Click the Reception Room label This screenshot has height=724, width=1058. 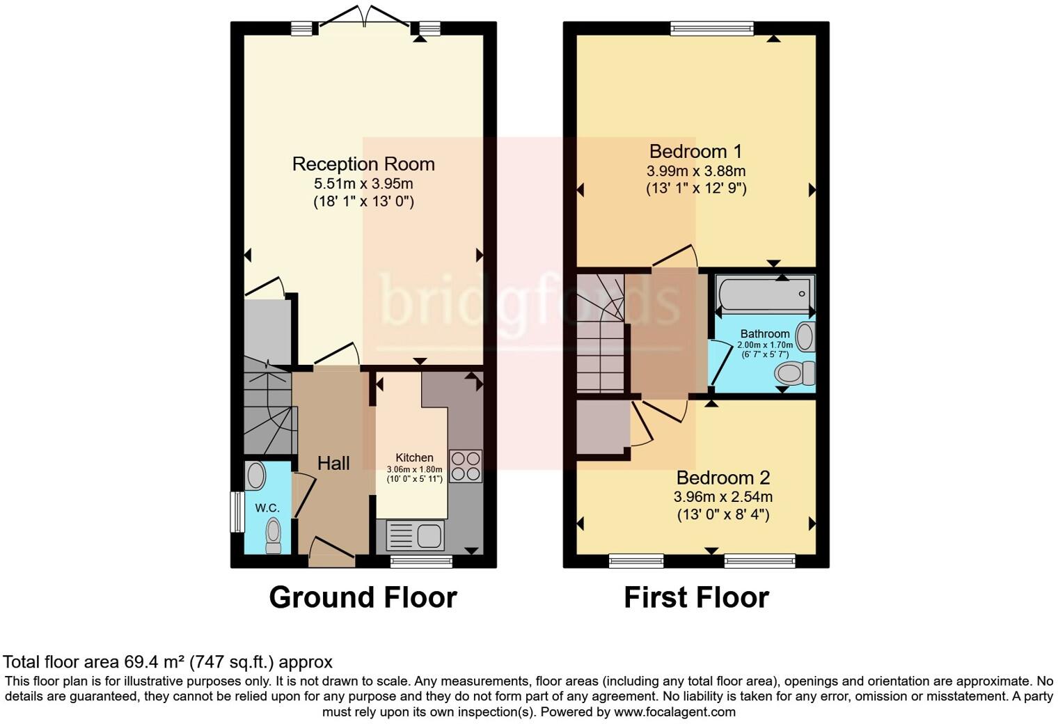point(363,164)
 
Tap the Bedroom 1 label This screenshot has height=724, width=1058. point(695,151)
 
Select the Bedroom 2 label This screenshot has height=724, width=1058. point(723,478)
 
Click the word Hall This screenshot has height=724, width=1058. point(333,464)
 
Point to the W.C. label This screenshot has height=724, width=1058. point(267,508)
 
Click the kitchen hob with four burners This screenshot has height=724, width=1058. point(466,466)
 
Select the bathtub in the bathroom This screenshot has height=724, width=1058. point(764,294)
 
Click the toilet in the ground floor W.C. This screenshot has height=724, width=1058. point(273,535)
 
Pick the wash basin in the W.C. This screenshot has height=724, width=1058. point(255,476)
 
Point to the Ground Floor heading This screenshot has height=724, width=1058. point(363,597)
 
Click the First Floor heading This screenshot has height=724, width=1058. point(696,597)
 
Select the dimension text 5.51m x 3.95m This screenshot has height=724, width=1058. point(363,184)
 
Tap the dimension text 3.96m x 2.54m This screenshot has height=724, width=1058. point(723,497)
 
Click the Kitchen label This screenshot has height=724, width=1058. point(414,457)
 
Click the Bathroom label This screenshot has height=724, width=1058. point(764,334)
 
